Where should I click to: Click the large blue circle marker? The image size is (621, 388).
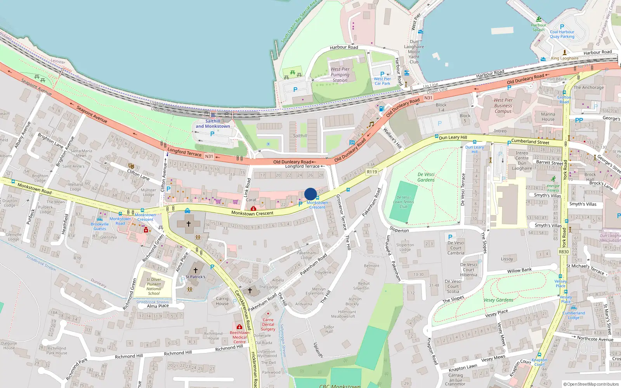pos(310,194)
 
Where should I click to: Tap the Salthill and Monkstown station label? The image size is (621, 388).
pos(213,124)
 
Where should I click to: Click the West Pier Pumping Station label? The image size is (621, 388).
pos(340,75)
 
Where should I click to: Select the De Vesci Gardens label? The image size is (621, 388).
pos(426,177)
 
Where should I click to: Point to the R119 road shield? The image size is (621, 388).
pos(372,172)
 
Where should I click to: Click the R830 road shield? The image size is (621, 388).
pos(564,252)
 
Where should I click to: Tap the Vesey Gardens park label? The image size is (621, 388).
pos(498,300)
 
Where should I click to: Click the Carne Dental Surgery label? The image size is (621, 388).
pos(268,325)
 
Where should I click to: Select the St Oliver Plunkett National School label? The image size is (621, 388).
pos(154,286)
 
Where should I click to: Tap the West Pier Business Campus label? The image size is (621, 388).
pos(503,106)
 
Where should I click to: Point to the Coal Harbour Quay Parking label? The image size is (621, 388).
pos(562,34)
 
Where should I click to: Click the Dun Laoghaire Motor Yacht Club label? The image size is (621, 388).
pos(414,52)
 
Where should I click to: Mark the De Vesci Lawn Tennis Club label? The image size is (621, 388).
pos(404,202)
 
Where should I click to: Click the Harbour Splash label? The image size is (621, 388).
pos(538,28)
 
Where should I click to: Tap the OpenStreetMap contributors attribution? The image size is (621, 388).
pos(591,384)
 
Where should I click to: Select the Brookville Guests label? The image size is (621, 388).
pos(100,226)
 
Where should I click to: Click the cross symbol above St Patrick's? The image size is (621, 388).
pos(196,270)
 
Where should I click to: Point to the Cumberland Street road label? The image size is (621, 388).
pos(530,142)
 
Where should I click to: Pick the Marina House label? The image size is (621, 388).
pos(548,117)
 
